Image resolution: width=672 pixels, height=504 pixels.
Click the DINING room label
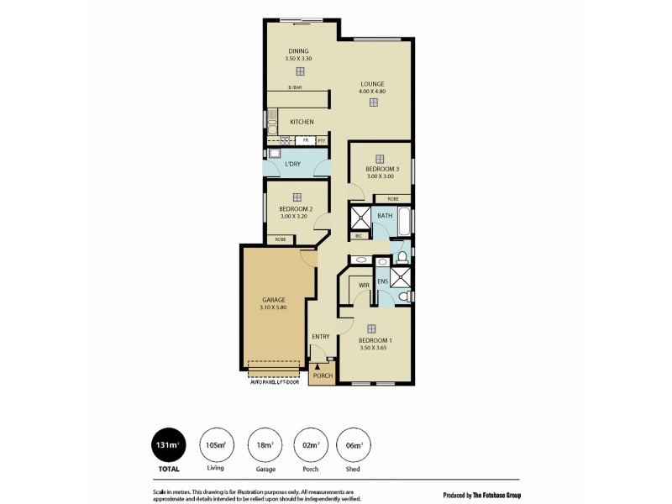[x=299, y=50]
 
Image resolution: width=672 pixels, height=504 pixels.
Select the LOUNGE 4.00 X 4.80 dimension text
[x=372, y=92]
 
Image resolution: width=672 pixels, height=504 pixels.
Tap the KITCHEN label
[x=302, y=122]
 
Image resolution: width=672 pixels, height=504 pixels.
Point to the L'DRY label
[x=292, y=164]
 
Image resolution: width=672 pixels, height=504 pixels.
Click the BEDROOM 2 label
[x=296, y=209]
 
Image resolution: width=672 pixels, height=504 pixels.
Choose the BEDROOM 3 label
[x=382, y=169]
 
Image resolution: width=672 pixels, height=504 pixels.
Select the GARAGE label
[x=274, y=300]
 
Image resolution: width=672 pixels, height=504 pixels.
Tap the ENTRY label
[x=321, y=337]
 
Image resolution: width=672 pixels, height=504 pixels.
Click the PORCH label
[x=322, y=376]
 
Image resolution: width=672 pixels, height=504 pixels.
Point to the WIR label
[x=364, y=286]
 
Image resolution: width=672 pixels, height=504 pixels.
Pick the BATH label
[x=385, y=216]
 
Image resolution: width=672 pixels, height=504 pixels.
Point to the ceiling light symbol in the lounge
[x=373, y=102]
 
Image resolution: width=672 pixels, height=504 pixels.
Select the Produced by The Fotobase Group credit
[x=481, y=495]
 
